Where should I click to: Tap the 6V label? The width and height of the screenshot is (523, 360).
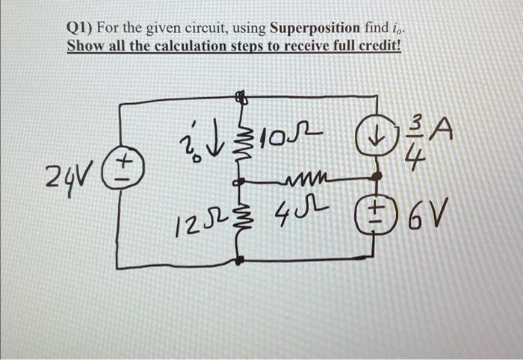click(x=424, y=220)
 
